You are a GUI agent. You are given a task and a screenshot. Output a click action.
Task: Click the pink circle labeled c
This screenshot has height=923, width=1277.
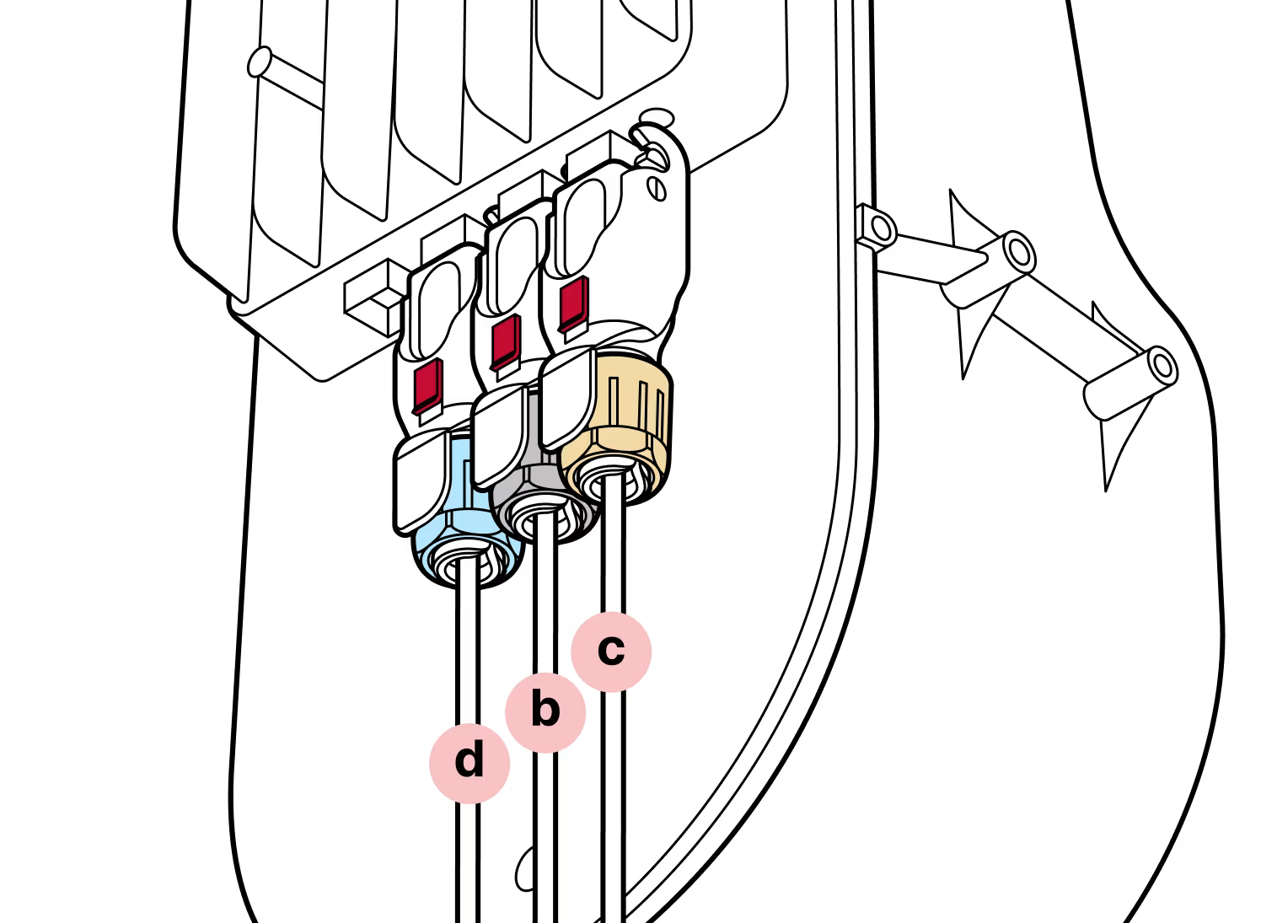[x=611, y=651]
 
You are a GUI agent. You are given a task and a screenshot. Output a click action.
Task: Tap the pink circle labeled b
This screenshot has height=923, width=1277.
[x=545, y=711]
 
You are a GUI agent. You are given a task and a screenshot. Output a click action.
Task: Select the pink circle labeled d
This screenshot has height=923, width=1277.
[x=469, y=761]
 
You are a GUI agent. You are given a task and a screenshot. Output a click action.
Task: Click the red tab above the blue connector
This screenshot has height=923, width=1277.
[x=428, y=384]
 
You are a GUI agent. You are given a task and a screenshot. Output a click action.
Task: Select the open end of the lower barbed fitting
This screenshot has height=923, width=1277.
[x=1164, y=365]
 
